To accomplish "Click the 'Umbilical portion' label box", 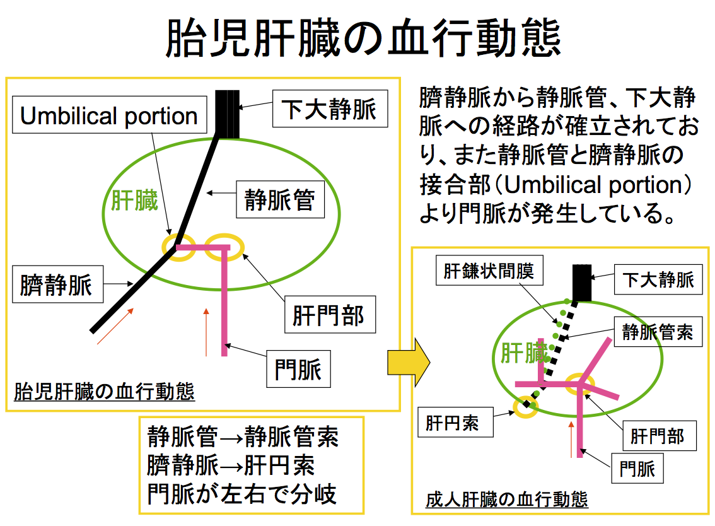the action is click(110, 115).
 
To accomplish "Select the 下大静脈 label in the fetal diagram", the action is click(330, 108).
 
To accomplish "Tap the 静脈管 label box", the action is click(281, 199).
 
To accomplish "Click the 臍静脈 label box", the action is click(57, 284).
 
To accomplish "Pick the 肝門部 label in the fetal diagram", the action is click(330, 314).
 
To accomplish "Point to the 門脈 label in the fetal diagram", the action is click(299, 369).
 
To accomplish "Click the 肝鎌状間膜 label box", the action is click(489, 270).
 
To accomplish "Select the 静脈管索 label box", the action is click(658, 332).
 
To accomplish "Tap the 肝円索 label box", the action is click(455, 422).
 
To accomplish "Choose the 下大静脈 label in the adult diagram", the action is click(658, 279).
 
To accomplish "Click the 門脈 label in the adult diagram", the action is click(637, 468).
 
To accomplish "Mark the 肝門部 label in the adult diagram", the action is click(660, 436).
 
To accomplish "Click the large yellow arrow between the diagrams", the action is click(409, 363).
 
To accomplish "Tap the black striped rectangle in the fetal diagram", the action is click(227, 114).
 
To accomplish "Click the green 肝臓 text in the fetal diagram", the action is click(134, 201).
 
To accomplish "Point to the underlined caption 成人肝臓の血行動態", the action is click(506, 500).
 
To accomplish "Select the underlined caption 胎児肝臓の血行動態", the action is click(105, 392).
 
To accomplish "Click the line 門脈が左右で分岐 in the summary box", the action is click(242, 494).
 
